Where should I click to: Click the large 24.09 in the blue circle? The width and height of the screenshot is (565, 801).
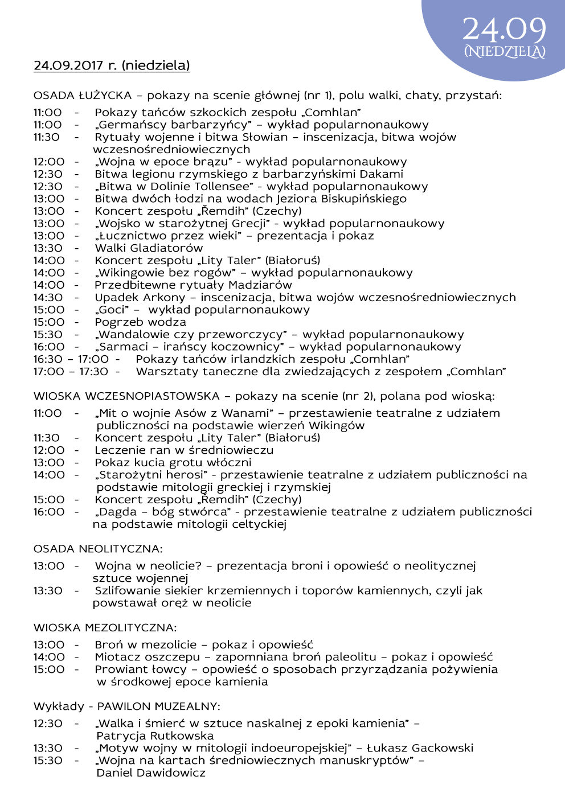pyautogui.click(x=504, y=29)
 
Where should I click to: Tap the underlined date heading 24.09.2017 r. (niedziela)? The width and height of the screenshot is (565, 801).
pyautogui.click(x=112, y=65)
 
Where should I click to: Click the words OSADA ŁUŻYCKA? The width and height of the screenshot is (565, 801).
pyautogui.click(x=83, y=95)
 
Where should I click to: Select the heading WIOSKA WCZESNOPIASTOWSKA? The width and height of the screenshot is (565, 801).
pyautogui.click(x=126, y=396)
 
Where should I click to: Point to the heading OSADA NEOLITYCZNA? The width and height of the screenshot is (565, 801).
pyautogui.click(x=98, y=549)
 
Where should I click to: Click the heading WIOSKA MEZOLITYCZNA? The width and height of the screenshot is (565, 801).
pyautogui.click(x=105, y=628)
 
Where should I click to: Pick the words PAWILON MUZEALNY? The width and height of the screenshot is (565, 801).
pyautogui.click(x=158, y=706)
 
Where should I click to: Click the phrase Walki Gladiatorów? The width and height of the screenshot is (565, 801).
pyautogui.click(x=149, y=248)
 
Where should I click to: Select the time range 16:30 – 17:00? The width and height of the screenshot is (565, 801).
pyautogui.click(x=71, y=359)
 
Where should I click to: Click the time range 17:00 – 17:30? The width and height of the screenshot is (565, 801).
pyautogui.click(x=71, y=372)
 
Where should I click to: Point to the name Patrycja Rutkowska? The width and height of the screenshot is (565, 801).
pyautogui.click(x=155, y=736)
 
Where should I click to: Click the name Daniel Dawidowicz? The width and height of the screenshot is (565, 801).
pyautogui.click(x=151, y=773)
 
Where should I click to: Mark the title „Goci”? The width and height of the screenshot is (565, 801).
pyautogui.click(x=112, y=310)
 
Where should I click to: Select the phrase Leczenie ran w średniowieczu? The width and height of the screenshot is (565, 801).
pyautogui.click(x=184, y=450)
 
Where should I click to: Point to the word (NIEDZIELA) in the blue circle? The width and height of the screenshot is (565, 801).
pyautogui.click(x=505, y=52)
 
